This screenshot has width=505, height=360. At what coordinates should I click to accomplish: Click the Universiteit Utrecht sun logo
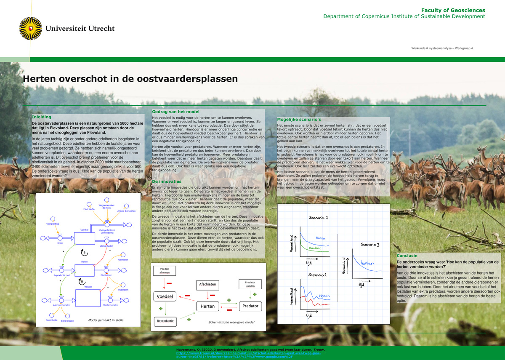click(31, 29)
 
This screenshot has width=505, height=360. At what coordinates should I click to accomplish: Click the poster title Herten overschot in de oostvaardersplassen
click(130, 79)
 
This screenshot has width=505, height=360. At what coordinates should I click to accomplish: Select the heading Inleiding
click(42, 117)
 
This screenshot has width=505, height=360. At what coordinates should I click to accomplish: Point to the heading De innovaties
click(167, 181)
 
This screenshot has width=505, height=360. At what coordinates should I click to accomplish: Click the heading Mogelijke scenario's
click(299, 120)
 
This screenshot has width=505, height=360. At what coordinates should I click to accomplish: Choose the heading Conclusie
click(407, 255)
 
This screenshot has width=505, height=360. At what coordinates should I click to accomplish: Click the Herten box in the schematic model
click(207, 306)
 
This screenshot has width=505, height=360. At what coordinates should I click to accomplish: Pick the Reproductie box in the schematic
click(165, 321)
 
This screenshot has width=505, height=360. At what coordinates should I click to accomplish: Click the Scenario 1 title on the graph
click(318, 218)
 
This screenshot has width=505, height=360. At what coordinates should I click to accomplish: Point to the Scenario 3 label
click(370, 245)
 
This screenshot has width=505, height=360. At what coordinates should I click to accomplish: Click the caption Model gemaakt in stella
click(106, 320)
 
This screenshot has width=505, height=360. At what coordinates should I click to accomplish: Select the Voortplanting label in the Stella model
click(53, 224)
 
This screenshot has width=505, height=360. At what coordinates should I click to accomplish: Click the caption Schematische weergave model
click(231, 322)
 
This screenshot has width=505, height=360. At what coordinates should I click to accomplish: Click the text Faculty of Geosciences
click(453, 10)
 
